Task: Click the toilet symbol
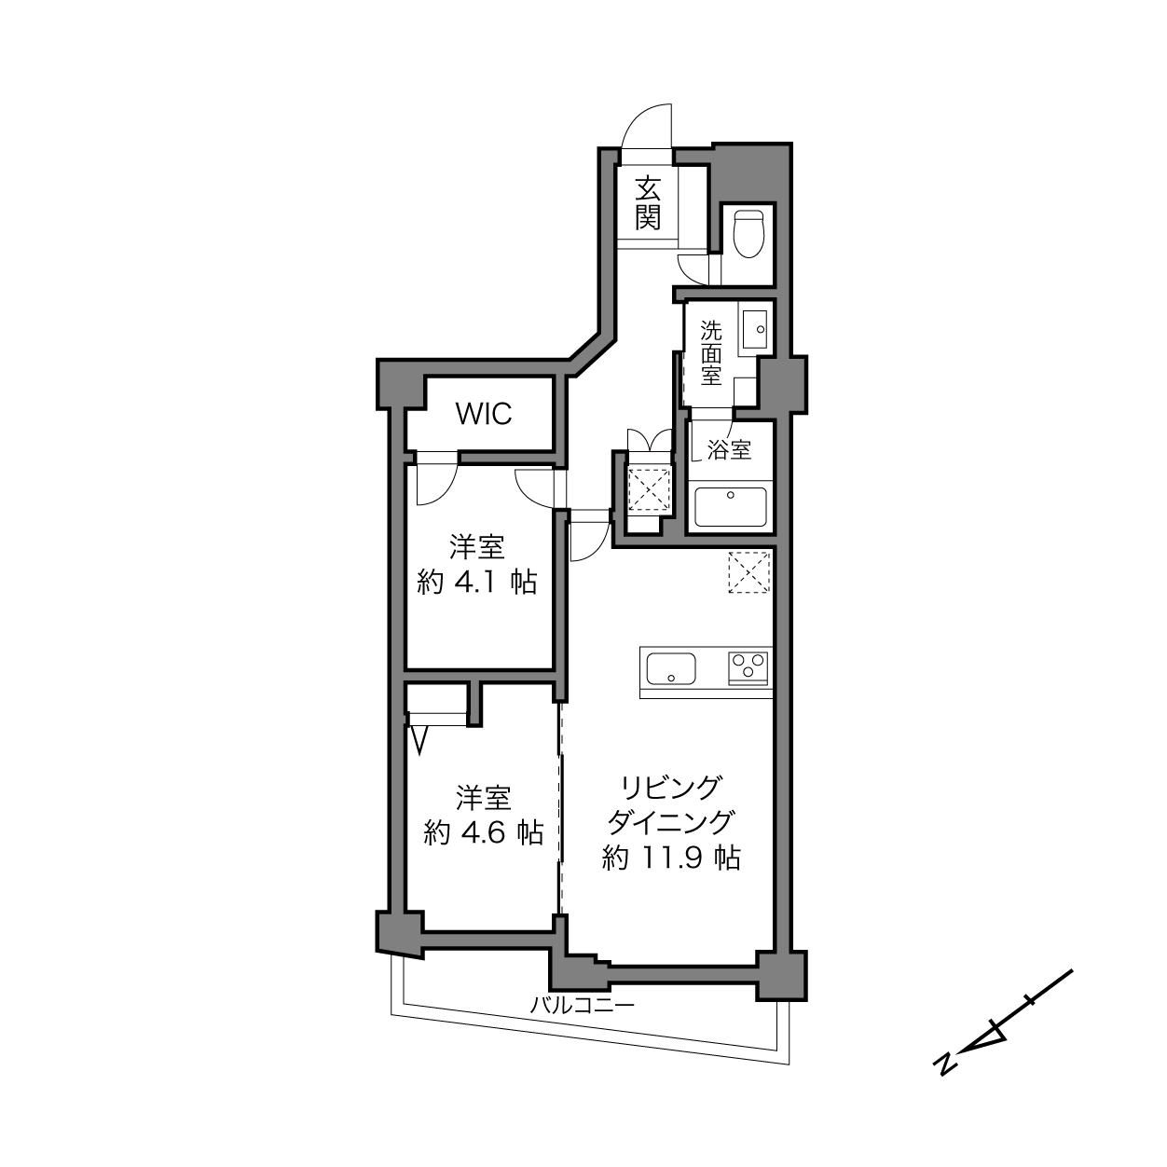[748, 234]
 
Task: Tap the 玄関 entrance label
[648, 203]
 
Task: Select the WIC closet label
[484, 414]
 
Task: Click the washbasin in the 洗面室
[754, 329]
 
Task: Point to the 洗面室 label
[711, 352]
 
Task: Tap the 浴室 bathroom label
[730, 449]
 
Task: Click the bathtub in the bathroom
[731, 506]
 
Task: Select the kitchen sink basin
[671, 668]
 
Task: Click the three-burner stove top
[748, 667]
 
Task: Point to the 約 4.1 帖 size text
[476, 582]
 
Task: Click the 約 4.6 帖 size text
[483, 833]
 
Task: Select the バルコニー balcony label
[582, 1006]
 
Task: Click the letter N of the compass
[944, 1079]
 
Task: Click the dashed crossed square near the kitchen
[748, 571]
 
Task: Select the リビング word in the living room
[670, 788]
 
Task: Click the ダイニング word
[670, 822]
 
